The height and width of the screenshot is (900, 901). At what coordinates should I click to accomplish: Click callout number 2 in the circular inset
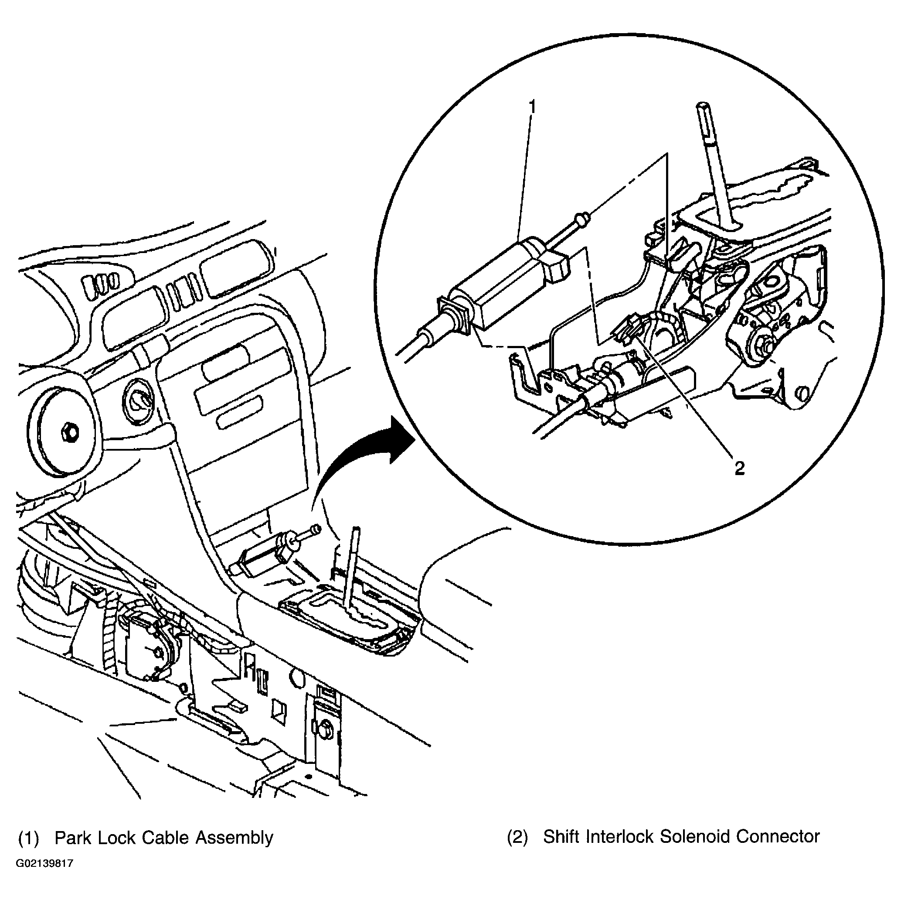click(x=740, y=468)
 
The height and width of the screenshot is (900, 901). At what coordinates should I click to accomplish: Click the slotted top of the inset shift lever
click(x=705, y=122)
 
